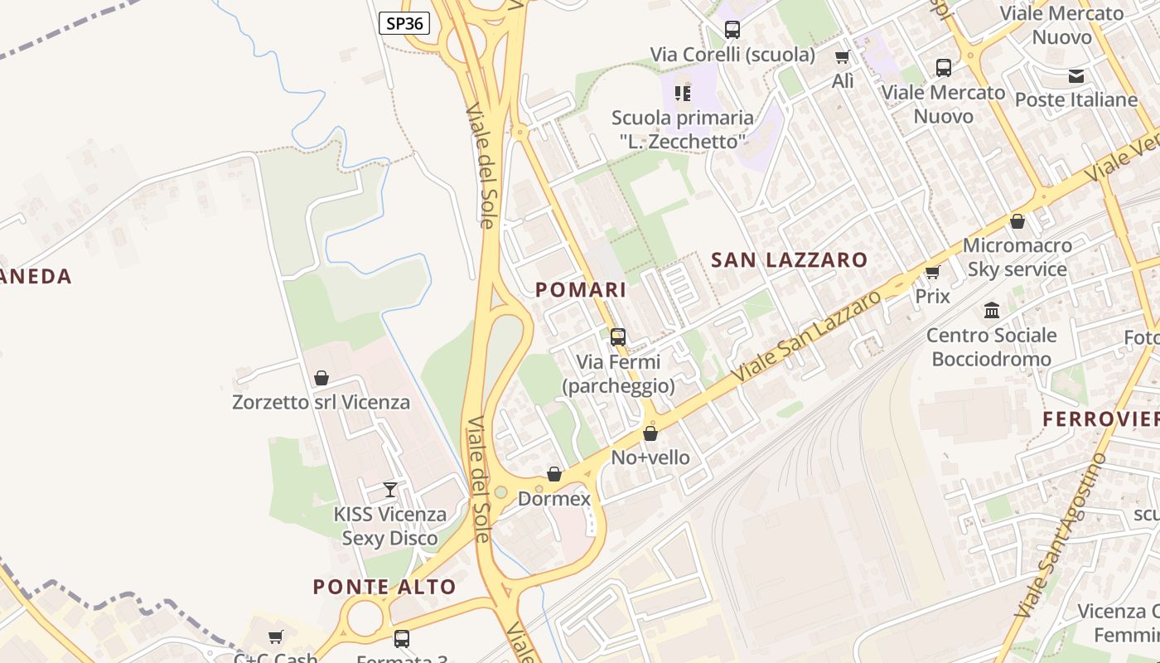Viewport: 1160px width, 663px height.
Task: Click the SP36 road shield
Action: click(x=404, y=23)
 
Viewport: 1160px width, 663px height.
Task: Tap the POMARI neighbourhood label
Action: click(x=581, y=290)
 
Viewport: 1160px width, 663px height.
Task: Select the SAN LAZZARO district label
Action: click(x=789, y=260)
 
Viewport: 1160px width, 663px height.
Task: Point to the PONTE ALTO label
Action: click(x=384, y=587)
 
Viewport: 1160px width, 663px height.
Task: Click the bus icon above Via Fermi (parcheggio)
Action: click(x=618, y=337)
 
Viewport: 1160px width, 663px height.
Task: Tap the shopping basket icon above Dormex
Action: click(x=554, y=474)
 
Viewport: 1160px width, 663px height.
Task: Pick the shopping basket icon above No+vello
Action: click(x=650, y=433)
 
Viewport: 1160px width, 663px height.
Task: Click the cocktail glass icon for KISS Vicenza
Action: click(x=390, y=490)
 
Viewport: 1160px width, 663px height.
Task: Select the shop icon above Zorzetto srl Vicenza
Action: click(x=321, y=378)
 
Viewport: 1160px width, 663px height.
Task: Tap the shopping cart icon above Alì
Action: click(x=843, y=56)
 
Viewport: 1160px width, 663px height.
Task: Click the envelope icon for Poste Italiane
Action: click(x=1076, y=76)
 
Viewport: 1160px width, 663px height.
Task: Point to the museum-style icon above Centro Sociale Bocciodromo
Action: click(x=991, y=311)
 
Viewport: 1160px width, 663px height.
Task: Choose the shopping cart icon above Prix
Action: click(x=933, y=272)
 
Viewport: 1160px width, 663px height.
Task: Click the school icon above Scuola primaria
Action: click(x=683, y=94)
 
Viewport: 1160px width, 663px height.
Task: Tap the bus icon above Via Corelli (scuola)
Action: click(x=732, y=30)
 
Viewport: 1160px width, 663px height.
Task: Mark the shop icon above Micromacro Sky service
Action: click(x=1017, y=221)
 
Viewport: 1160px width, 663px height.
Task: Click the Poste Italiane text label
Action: click(x=1076, y=100)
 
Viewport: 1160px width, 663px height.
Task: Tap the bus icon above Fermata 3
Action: click(x=402, y=639)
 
